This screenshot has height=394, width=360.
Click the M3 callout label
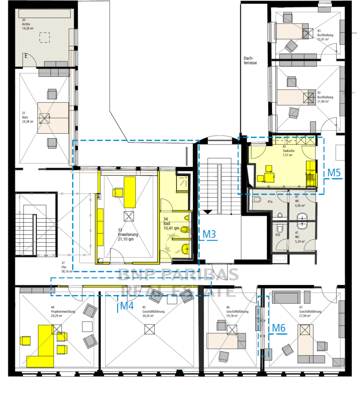coord(210,234)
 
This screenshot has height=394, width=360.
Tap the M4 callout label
coord(127,306)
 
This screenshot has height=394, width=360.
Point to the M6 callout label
coord(279,328)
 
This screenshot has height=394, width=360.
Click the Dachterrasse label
coord(250,61)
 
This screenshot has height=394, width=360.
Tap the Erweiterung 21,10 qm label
coord(128,234)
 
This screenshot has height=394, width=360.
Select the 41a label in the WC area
coord(270,202)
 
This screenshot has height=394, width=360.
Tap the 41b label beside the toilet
coord(277,235)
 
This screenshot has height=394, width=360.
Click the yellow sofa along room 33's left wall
coord(100,228)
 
